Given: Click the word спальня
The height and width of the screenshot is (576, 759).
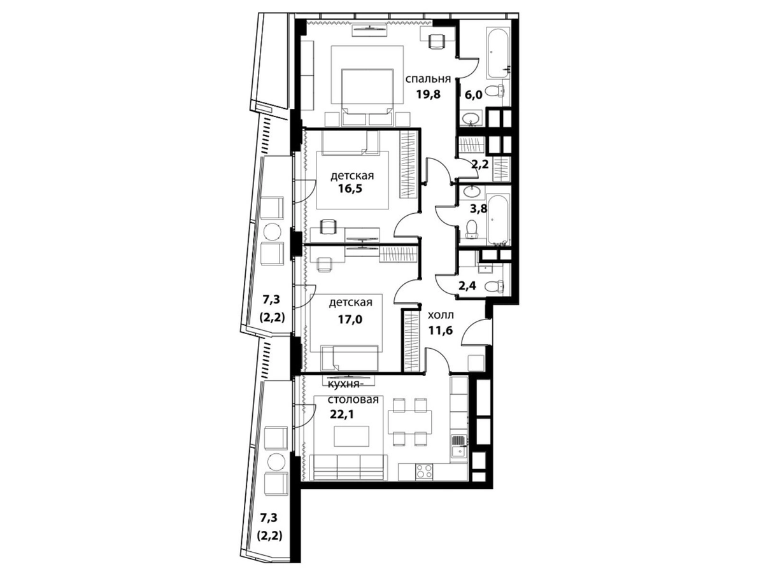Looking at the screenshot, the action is tap(428, 79).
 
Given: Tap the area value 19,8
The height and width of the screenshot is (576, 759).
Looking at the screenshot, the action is tap(428, 94).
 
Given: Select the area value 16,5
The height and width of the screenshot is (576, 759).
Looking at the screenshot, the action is tap(350, 188).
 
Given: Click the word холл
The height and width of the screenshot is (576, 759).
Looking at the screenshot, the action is tap(440, 315).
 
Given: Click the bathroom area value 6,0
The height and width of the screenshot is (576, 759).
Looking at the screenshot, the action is tap(473, 94).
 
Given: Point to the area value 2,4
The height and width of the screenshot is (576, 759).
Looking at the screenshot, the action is tap(467, 285).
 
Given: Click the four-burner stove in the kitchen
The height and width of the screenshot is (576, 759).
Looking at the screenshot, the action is tap(424, 471).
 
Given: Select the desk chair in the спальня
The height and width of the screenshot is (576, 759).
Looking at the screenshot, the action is tap(439, 41).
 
